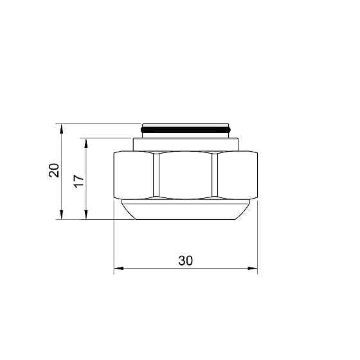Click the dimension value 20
tap(55, 170)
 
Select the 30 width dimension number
tap(186, 260)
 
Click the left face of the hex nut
tap(133, 175)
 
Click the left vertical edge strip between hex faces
tap(156, 175)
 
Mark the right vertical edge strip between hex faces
tap(215, 175)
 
